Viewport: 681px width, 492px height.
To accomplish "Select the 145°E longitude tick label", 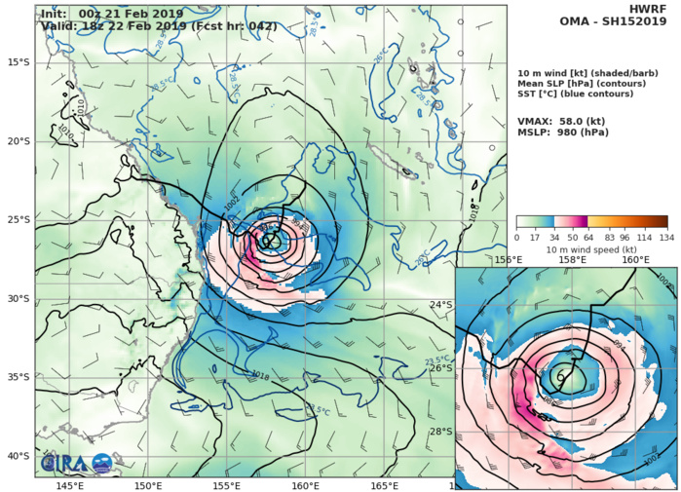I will [x=69, y=485].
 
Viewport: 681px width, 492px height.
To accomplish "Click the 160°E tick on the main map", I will [x=305, y=485].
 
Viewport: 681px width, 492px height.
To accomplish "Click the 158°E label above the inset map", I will [x=572, y=260].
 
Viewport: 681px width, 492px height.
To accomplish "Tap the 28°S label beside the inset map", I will [x=441, y=432].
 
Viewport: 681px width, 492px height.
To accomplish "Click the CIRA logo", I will [x=61, y=460].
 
